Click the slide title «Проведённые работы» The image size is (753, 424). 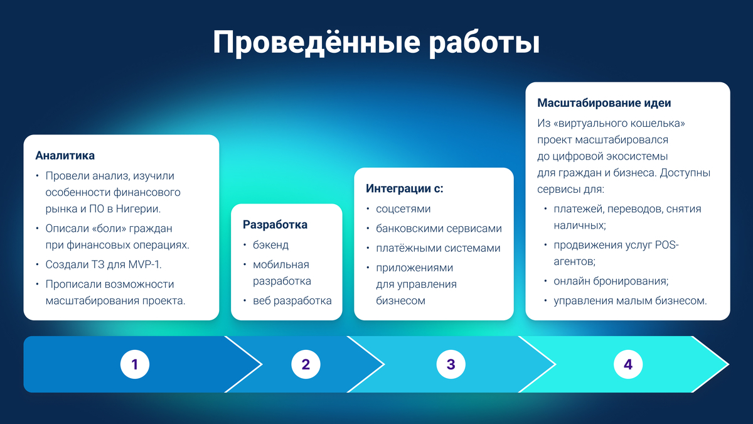click(376, 43)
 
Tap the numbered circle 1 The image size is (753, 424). click(135, 364)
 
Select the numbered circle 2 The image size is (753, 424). click(306, 364)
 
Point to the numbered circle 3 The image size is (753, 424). click(451, 364)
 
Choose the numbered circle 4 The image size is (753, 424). click(628, 364)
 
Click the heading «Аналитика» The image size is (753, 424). click(65, 156)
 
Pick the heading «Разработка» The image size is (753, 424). click(275, 224)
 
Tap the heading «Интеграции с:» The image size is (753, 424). click(404, 188)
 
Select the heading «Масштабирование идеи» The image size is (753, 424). click(604, 102)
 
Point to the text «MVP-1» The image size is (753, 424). click(144, 264)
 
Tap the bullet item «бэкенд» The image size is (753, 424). click(270, 245)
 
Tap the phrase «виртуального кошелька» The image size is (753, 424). click(619, 124)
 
